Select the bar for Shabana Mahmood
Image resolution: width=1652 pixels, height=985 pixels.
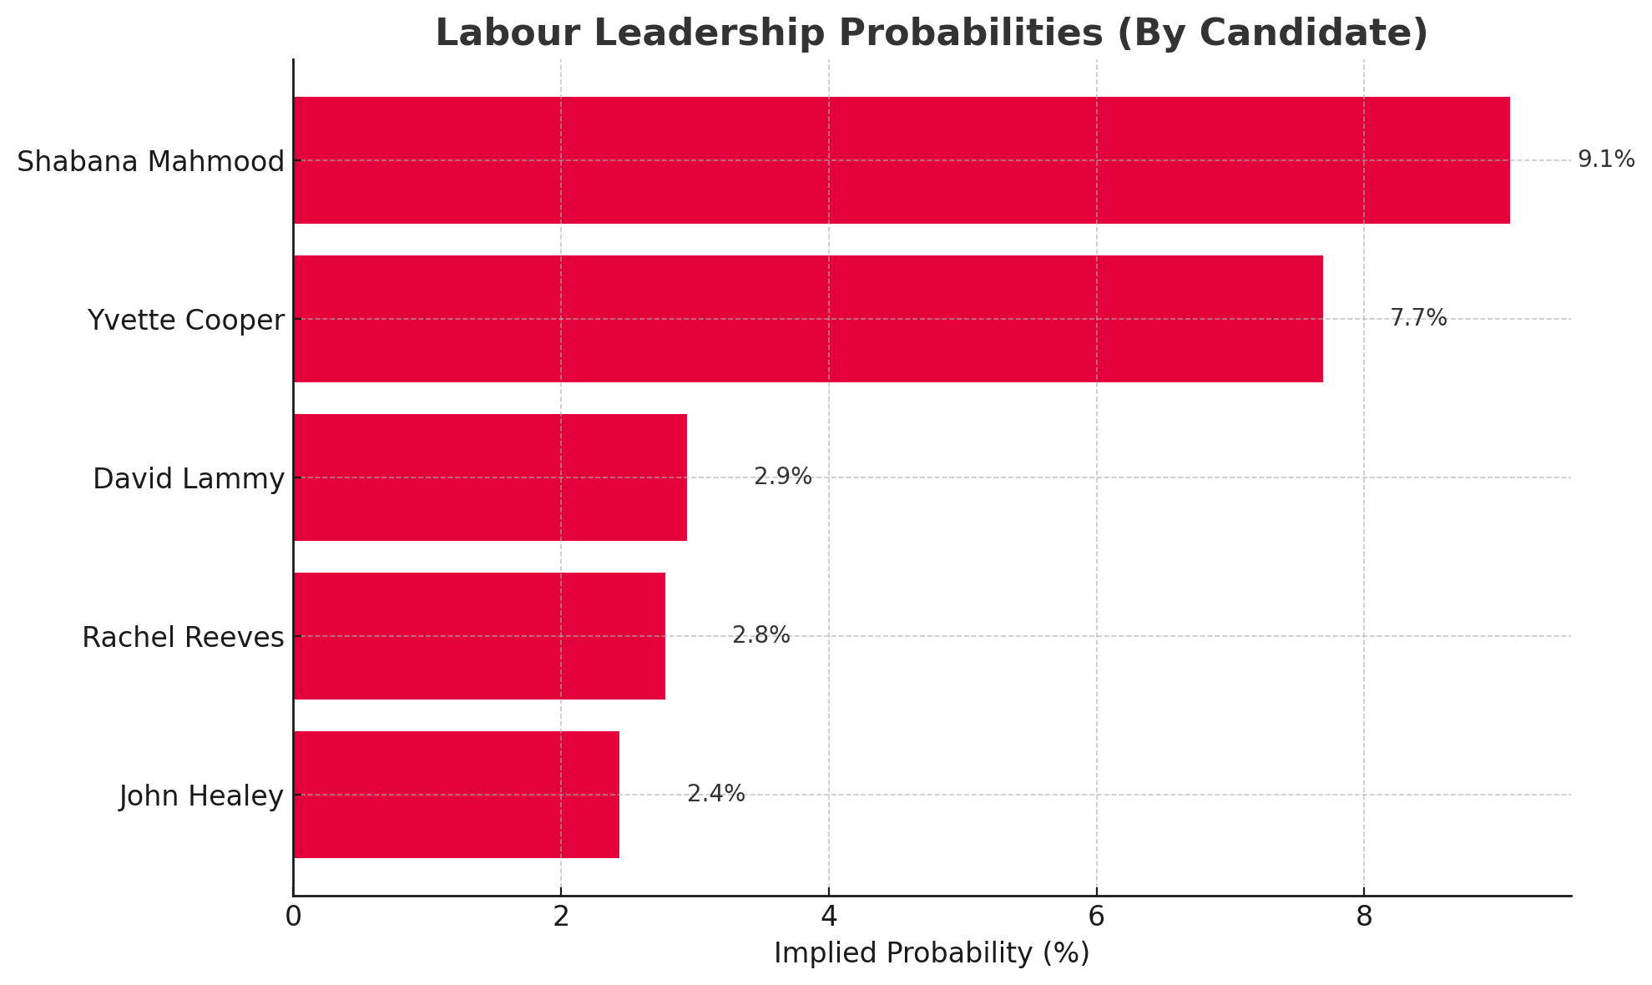point(902,160)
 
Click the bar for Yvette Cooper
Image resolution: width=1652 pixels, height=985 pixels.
point(808,319)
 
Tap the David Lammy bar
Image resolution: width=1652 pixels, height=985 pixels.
point(490,477)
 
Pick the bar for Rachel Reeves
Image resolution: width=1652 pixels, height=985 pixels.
point(479,636)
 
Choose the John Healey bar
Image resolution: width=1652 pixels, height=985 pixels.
point(457,795)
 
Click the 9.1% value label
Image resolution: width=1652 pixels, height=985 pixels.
point(1605,159)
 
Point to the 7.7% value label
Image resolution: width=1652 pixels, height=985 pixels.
point(1417,318)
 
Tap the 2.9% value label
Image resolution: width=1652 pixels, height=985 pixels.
point(782,477)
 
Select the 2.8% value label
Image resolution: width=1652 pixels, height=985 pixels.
point(760,635)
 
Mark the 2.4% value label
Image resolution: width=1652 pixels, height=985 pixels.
point(715,794)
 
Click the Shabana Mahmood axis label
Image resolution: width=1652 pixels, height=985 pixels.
point(151,161)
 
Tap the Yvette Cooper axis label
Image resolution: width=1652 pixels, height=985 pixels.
point(186,320)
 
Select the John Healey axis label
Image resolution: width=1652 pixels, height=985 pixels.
point(201,796)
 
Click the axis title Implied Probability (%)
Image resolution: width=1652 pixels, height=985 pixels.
point(932,953)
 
